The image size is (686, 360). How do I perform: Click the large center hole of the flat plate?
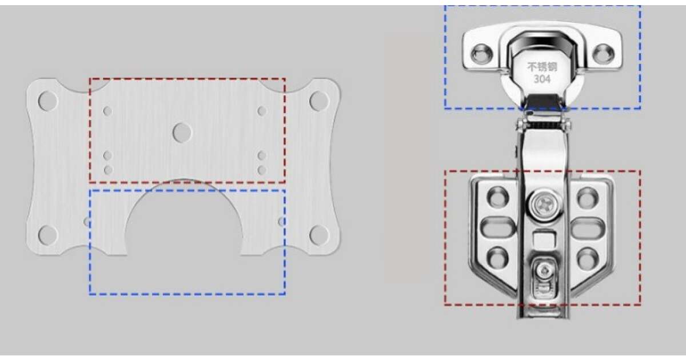click(182, 133)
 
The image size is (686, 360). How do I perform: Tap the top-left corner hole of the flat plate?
click(48, 101)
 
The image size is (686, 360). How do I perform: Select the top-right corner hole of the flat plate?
click(319, 101)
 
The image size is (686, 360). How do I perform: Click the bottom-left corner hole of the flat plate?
click(48, 235)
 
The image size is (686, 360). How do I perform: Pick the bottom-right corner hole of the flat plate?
click(319, 235)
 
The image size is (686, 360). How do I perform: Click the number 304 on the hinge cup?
click(542, 79)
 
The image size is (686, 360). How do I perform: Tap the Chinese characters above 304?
click(542, 67)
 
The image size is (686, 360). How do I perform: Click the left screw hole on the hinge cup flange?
click(482, 54)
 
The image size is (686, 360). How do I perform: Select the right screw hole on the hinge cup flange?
click(603, 54)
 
